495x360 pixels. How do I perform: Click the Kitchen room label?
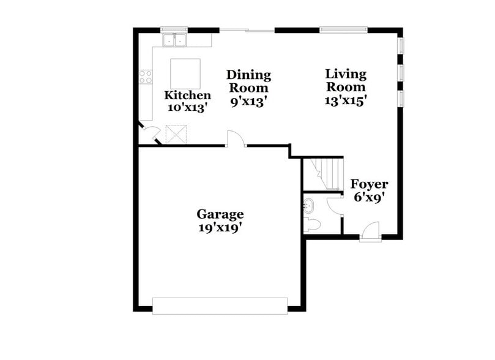coord(188,96)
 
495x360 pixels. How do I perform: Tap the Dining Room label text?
coord(248,80)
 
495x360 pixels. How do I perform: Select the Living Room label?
coord(346,80)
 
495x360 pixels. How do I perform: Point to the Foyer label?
coord(369,184)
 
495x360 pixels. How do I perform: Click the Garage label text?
coord(220,214)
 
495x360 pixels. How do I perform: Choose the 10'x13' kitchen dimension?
coord(188,107)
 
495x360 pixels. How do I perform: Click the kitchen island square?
coord(185,73)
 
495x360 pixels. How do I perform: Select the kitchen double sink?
coord(175,40)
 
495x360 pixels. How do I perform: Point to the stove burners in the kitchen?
coord(146,77)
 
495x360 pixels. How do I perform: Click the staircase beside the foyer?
coord(324,173)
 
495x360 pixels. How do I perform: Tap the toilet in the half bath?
coord(311,223)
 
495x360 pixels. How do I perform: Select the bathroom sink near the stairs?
coord(308,205)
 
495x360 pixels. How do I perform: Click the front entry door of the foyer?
coord(370,233)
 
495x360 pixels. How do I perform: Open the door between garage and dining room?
coord(236,140)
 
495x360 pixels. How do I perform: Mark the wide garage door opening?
coord(220,306)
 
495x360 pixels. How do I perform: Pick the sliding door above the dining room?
coord(247,29)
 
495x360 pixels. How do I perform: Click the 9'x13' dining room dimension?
coord(248,102)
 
